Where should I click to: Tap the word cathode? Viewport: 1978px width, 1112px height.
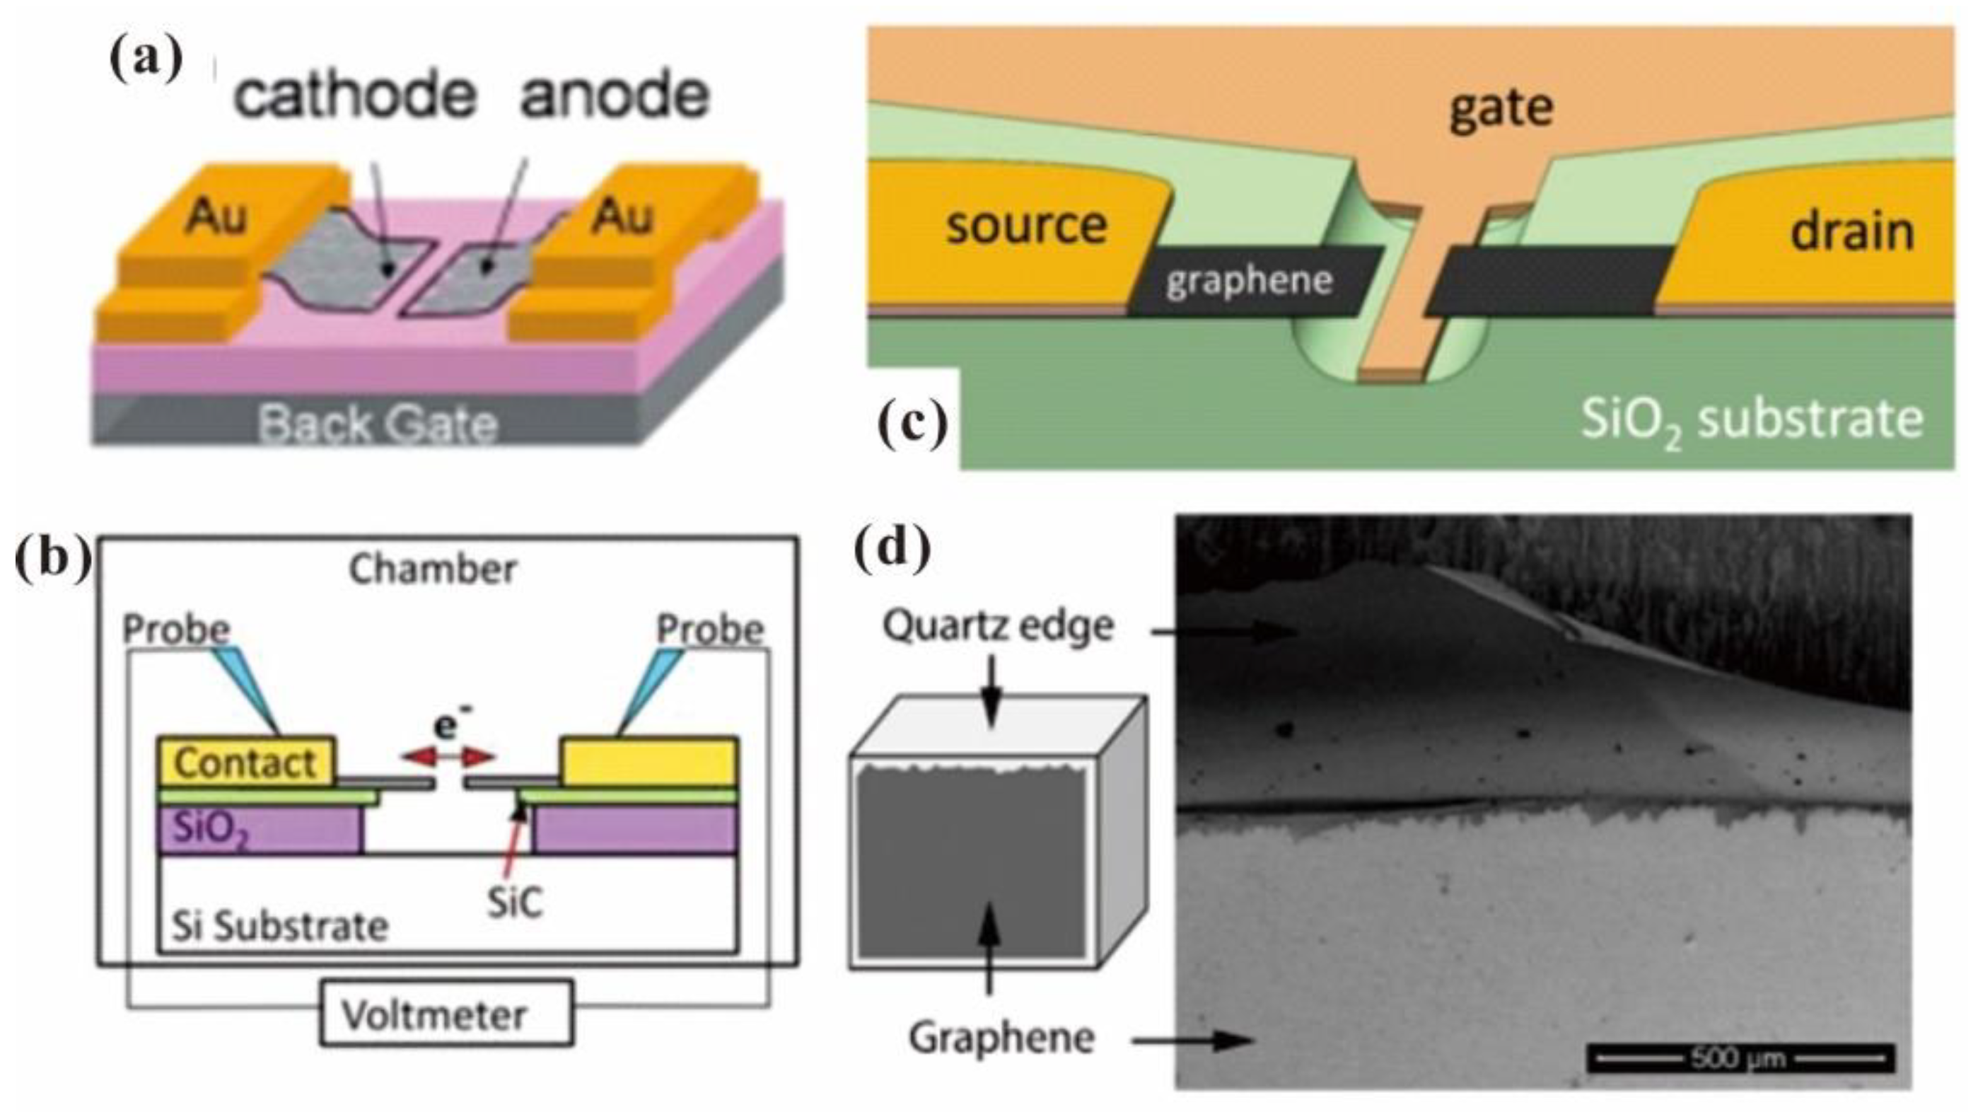point(355,95)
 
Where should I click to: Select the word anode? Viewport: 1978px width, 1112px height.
point(615,95)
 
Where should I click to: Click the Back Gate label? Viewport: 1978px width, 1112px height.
point(378,423)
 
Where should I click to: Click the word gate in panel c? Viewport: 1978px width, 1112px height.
point(1501,108)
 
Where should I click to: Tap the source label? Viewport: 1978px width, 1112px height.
point(1026,225)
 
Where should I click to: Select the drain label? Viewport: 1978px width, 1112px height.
point(1851,231)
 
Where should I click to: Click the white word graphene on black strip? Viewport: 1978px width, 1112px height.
point(1250,281)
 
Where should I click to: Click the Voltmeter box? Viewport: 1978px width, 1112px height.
point(446,1014)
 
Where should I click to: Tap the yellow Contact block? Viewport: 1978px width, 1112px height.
point(245,762)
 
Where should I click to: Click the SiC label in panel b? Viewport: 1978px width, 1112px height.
point(513,902)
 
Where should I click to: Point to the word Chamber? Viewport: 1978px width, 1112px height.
point(432,569)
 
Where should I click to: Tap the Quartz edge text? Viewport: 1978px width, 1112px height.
point(997,626)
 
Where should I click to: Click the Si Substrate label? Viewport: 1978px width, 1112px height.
point(279,926)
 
